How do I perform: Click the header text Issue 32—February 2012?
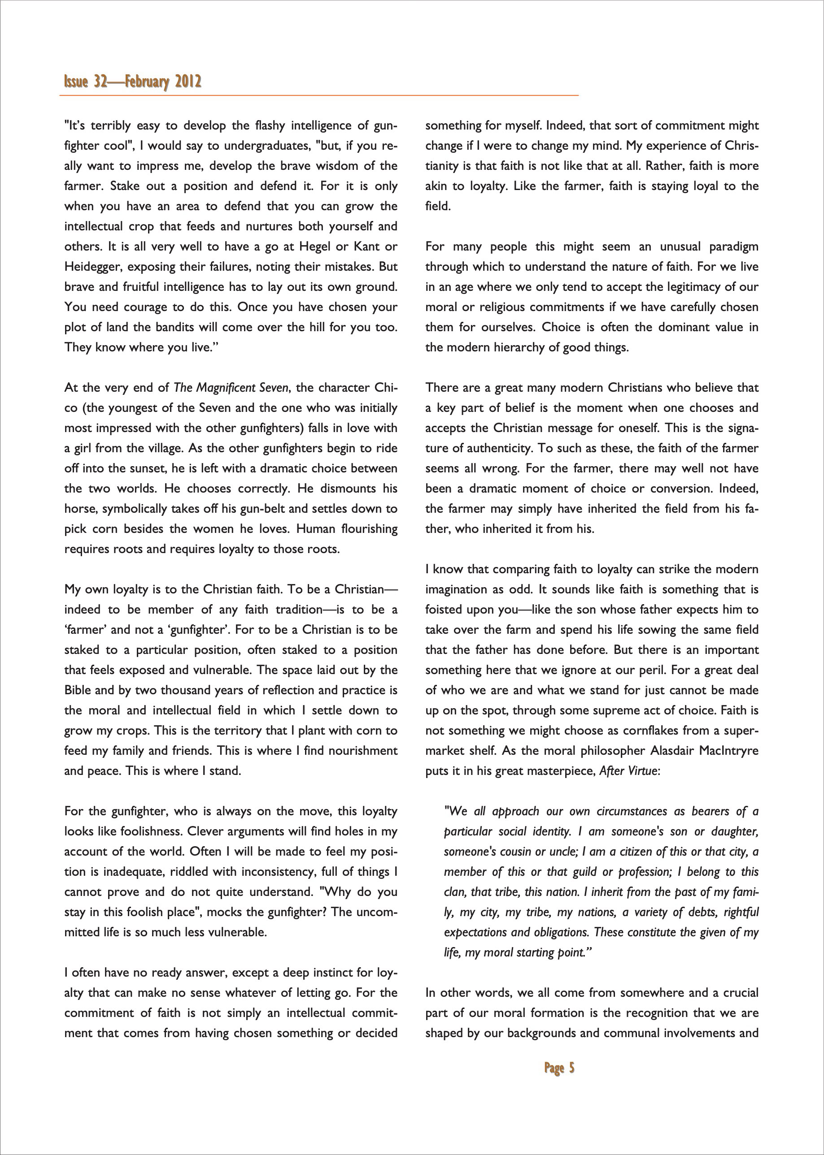point(132,82)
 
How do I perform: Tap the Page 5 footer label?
point(559,1068)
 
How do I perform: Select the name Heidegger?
point(93,267)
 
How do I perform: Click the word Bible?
point(77,690)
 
